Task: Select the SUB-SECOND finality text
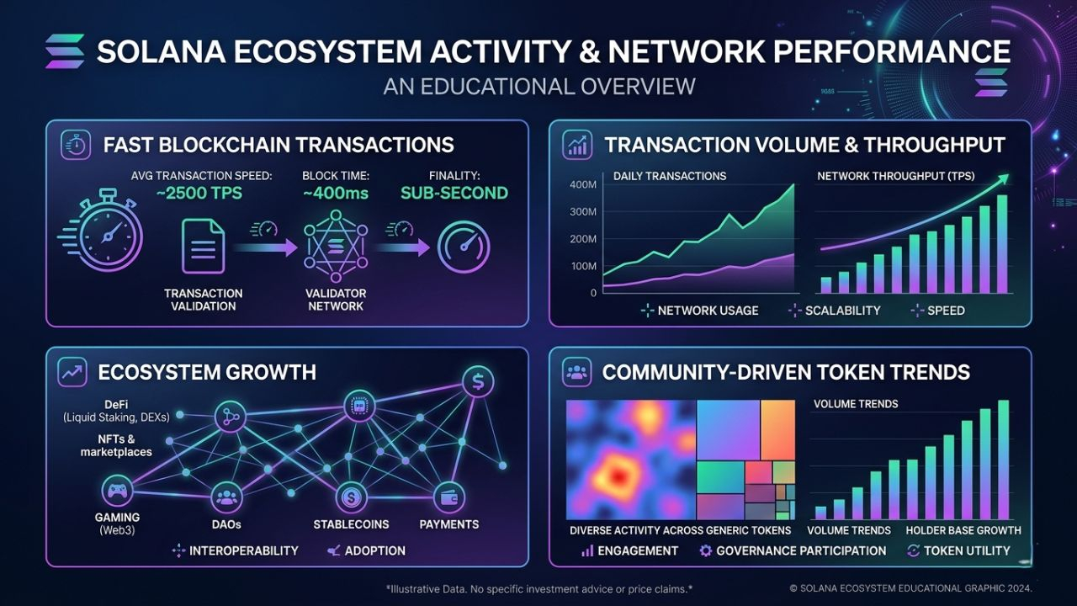coord(454,193)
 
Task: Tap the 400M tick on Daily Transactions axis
coord(583,185)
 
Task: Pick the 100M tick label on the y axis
coord(583,266)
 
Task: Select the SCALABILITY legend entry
coord(842,311)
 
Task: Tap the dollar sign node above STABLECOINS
coord(351,497)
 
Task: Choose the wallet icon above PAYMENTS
coord(448,497)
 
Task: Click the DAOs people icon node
coord(226,497)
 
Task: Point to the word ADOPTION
coord(375,550)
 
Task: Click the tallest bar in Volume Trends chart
coord(1003,459)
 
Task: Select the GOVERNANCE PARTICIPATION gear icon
coord(706,550)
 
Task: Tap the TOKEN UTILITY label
coord(967,550)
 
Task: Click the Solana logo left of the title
coord(65,52)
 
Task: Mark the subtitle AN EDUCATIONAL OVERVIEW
coord(539,86)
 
